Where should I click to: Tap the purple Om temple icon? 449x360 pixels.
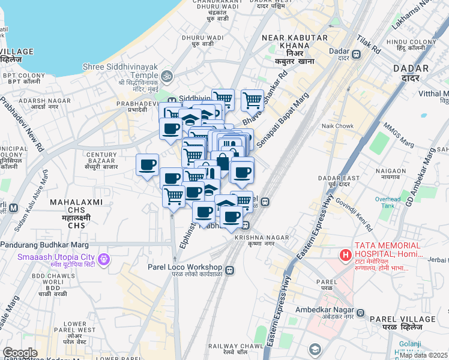(x=166, y=76)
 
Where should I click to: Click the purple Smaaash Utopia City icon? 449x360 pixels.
(x=105, y=259)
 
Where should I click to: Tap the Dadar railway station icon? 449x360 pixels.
(x=356, y=55)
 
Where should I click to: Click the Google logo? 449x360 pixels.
(x=20, y=353)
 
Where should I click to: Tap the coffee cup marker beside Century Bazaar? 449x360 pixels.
(x=147, y=164)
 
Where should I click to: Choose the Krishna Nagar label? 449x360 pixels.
(x=254, y=240)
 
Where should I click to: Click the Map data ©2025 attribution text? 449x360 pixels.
(x=424, y=355)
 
